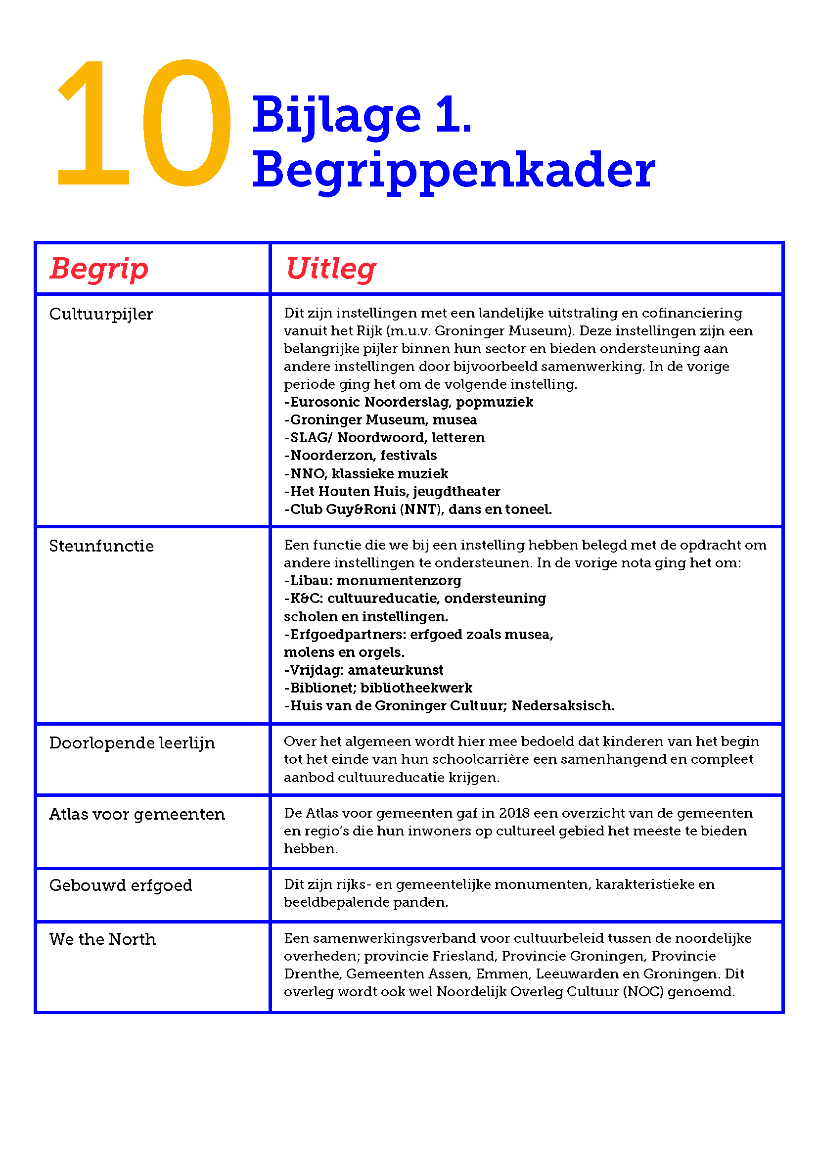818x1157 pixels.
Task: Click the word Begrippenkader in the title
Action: [x=454, y=170]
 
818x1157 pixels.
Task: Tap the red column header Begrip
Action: [x=99, y=269]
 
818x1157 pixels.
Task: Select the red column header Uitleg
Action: [x=331, y=269]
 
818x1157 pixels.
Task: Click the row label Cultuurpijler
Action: [x=101, y=314]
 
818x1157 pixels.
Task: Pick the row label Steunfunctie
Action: [x=101, y=546]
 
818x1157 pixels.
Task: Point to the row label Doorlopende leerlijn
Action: [x=132, y=743]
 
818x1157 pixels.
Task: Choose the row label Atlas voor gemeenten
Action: [x=137, y=814]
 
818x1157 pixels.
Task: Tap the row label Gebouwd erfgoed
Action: [x=120, y=885]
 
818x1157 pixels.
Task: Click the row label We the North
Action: [x=102, y=939]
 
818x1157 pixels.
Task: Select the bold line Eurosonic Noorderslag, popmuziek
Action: [x=409, y=402]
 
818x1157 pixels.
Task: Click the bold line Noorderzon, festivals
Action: [x=361, y=456]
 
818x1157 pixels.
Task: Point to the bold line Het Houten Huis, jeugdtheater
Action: [x=392, y=491]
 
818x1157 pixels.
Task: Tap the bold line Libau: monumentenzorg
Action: [x=373, y=581]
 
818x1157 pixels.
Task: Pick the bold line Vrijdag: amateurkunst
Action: [x=364, y=670]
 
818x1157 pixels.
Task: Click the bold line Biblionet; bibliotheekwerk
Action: [x=378, y=688]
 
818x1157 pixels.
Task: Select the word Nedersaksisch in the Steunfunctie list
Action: [x=563, y=706]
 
